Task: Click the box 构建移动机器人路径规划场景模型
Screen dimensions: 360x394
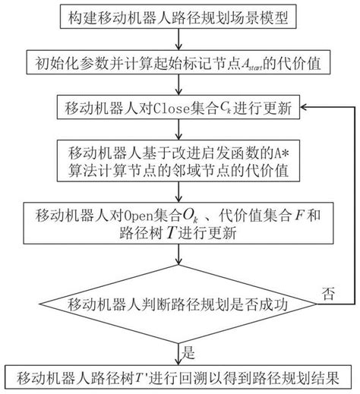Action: (x=178, y=17)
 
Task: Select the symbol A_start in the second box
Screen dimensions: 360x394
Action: (x=252, y=64)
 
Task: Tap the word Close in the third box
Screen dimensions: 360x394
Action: (x=172, y=109)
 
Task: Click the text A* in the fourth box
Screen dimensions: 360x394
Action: (x=282, y=153)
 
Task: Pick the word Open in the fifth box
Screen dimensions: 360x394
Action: (x=138, y=216)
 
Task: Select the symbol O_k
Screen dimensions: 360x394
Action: (x=190, y=216)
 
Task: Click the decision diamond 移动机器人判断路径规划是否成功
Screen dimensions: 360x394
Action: (x=178, y=304)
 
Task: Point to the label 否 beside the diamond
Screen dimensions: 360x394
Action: (x=328, y=294)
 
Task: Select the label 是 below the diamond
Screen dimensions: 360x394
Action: (x=188, y=352)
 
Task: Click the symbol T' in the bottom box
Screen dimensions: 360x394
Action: (x=141, y=378)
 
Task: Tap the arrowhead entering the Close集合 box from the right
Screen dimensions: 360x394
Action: (x=303, y=107)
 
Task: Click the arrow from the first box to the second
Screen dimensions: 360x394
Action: (x=178, y=39)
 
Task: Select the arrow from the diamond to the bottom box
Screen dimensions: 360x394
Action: (x=178, y=355)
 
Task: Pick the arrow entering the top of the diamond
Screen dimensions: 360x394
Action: (x=178, y=254)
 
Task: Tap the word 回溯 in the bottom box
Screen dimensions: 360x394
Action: (x=194, y=378)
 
